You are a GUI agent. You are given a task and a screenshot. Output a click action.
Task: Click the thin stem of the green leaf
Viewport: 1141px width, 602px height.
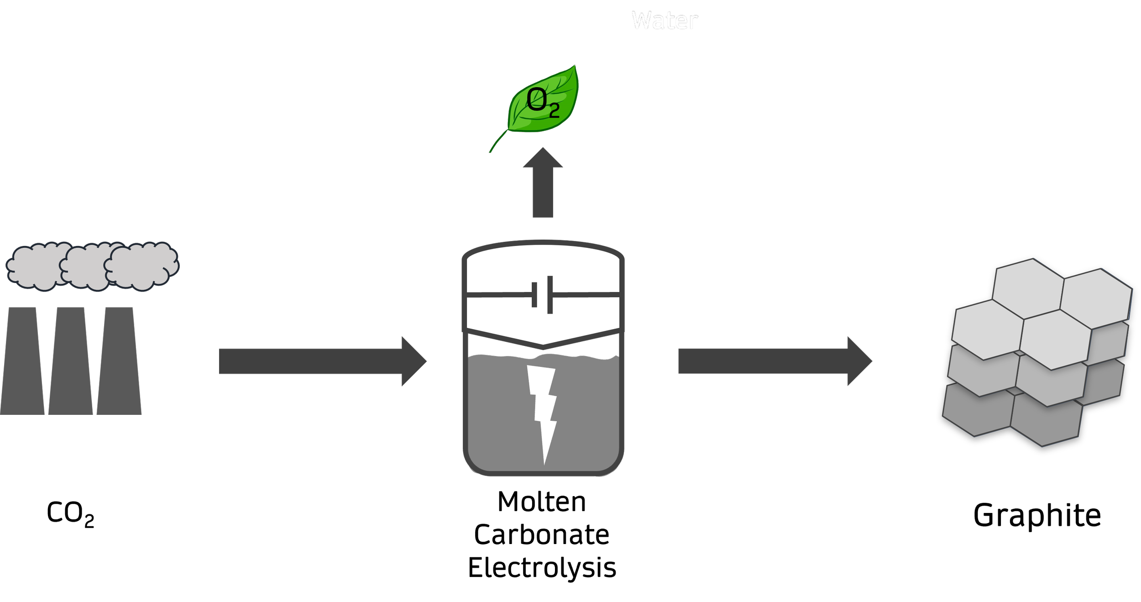495,144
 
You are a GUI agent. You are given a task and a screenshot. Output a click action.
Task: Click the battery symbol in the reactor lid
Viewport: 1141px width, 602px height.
542,295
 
